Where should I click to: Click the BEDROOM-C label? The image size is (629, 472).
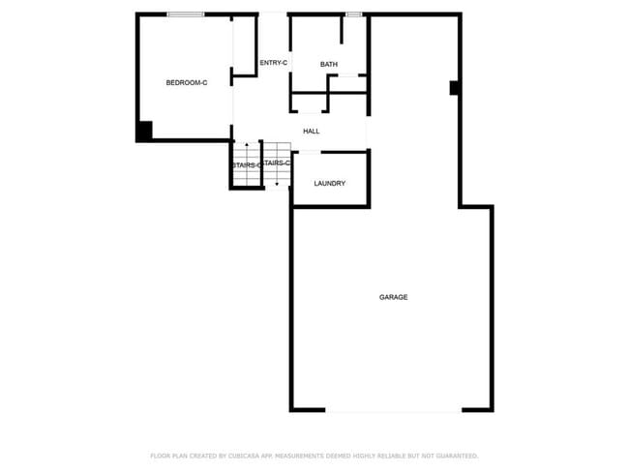coord(187,83)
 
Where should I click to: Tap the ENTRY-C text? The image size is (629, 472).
coord(274,63)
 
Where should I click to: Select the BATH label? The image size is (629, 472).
coord(329,65)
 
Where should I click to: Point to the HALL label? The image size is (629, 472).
coord(311,132)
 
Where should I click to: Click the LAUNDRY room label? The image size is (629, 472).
coord(329,184)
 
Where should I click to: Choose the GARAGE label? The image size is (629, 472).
coord(393,297)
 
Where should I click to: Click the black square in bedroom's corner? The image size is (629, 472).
coord(143,132)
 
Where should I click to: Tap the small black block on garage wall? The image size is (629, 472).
coord(453,88)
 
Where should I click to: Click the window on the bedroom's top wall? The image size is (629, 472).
coord(185,14)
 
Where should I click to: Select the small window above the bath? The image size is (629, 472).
coord(353,14)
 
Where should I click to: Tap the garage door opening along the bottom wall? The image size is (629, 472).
coord(393,411)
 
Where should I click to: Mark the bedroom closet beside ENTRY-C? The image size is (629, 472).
coord(244,44)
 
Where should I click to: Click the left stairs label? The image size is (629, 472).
coord(246,165)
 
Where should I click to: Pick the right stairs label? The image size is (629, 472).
coord(277,162)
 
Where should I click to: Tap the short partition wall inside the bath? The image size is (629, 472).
coord(343,29)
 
